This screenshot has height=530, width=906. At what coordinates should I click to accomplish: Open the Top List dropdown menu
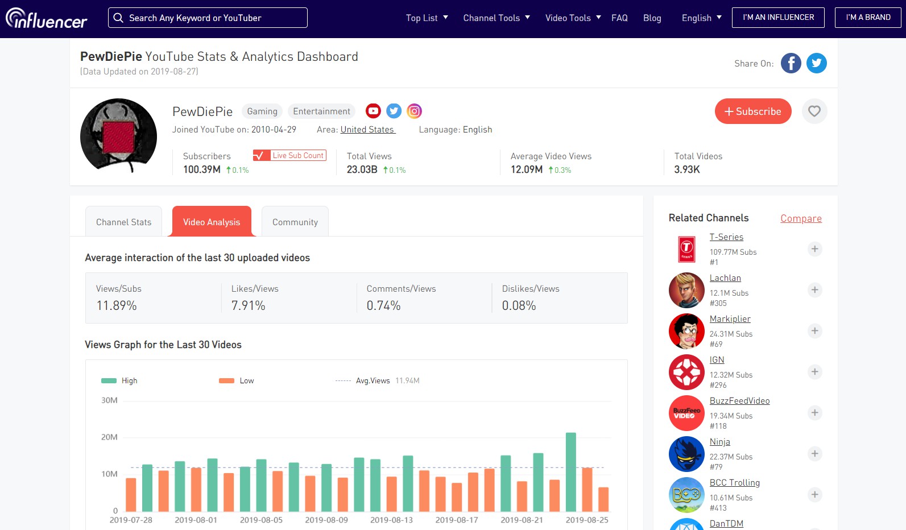tap(427, 18)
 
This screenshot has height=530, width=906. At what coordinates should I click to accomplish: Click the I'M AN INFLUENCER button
tap(778, 18)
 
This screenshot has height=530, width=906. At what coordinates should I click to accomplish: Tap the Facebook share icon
tap(791, 63)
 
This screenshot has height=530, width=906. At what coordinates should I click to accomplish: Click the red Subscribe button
tap(752, 111)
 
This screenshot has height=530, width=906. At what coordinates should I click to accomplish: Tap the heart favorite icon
tap(814, 111)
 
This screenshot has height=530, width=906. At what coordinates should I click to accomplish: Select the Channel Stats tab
tap(123, 222)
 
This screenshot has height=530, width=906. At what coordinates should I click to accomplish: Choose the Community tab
tap(295, 222)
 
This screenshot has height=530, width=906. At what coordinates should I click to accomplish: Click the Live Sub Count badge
tap(290, 155)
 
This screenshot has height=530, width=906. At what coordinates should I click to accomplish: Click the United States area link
tap(367, 130)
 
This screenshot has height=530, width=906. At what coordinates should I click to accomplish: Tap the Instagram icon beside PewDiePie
tap(415, 111)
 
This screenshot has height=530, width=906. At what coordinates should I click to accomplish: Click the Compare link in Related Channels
tap(801, 218)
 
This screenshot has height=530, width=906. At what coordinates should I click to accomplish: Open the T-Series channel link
tap(726, 237)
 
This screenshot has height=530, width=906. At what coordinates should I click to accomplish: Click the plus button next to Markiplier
tap(814, 331)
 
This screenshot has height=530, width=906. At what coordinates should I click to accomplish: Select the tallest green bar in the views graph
tap(571, 472)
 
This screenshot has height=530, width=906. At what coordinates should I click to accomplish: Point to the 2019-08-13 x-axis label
tap(391, 520)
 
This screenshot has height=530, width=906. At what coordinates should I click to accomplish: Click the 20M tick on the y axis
tap(109, 437)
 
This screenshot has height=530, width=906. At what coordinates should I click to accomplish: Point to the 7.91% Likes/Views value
tap(248, 305)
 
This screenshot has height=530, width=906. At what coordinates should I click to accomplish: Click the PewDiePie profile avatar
tap(118, 135)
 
